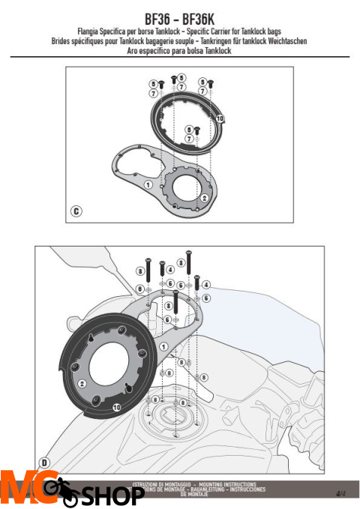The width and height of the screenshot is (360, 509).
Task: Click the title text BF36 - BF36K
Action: pyautogui.click(x=180, y=16)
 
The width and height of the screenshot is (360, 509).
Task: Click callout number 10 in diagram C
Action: pyautogui.click(x=219, y=118)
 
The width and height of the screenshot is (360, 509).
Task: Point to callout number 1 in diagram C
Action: pyautogui.click(x=148, y=184)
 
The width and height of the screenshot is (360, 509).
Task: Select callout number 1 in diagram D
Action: pyautogui.click(x=163, y=347)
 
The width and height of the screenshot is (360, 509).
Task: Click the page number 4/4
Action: pyautogui.click(x=340, y=493)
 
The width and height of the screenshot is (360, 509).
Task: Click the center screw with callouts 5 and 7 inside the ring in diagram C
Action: pyautogui.click(x=196, y=130)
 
